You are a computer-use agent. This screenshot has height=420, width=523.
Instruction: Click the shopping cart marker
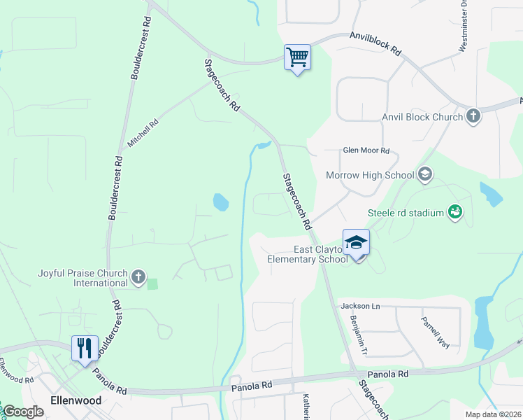coord(297,57)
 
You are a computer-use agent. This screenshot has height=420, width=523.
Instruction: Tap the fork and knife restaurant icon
coord(85,348)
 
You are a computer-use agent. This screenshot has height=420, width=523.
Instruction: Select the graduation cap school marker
coord(356,243)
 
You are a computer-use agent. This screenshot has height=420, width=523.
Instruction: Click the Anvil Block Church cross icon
coord(473,115)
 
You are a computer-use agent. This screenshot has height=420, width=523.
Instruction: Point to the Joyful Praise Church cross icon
coord(138,278)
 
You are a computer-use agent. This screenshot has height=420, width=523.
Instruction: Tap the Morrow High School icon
coord(424,174)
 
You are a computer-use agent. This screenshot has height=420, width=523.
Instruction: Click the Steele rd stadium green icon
coord(455,211)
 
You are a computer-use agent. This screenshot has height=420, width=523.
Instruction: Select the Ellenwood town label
coord(76,400)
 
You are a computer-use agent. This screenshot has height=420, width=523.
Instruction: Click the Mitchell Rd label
coord(143,132)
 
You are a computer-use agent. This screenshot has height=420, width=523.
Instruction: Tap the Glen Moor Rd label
coord(365,150)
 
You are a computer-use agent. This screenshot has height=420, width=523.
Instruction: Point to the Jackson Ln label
coord(359,306)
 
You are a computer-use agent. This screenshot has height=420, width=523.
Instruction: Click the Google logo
coord(23,412)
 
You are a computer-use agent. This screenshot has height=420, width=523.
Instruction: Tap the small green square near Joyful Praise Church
coord(152,283)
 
